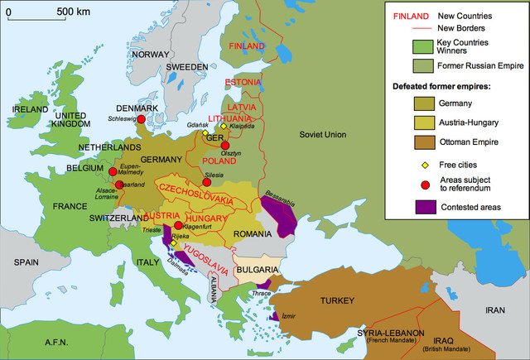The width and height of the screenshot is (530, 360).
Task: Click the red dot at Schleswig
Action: [x=141, y=119]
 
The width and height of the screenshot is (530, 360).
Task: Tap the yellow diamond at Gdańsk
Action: [x=205, y=132]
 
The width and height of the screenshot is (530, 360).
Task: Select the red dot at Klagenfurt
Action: [x=177, y=225]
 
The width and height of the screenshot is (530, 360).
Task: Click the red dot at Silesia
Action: [x=206, y=182]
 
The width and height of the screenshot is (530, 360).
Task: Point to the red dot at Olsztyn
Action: [x=224, y=146]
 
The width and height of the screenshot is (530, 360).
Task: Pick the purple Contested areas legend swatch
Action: [x=426, y=206]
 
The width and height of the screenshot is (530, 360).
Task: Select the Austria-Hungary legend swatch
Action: [x=426, y=123]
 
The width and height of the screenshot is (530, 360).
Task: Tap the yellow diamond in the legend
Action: [x=426, y=165]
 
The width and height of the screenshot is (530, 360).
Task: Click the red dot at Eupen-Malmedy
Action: [x=113, y=173]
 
